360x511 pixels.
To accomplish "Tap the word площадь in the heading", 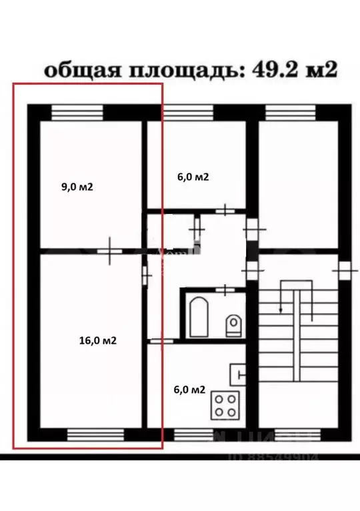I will pos(179,71).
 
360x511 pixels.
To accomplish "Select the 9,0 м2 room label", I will pos(77,187).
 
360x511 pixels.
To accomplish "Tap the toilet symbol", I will pos(233,325).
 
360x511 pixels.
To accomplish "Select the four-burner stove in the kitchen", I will pos(227,404).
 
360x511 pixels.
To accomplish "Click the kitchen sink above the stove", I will pos(238,375).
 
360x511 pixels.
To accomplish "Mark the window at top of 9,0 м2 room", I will pos(77,113).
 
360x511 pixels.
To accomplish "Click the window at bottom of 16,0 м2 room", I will pos(95,435).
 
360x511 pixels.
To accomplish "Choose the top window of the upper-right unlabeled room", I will pos(291,113).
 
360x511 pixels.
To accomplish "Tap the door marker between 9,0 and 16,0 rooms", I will pos(109,251).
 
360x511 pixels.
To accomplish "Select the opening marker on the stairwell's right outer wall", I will pos(345,270).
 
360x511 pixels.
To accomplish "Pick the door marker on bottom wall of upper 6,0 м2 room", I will pos(227,211).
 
